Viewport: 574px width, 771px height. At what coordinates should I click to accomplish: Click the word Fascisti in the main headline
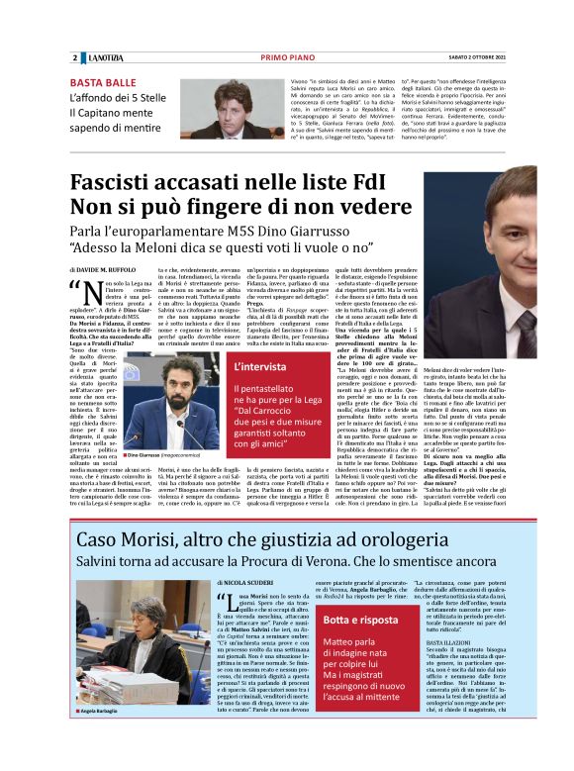pos(133,183)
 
